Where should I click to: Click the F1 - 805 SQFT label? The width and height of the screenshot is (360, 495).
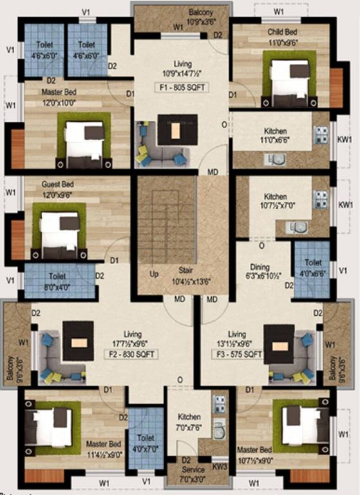pos(181,87)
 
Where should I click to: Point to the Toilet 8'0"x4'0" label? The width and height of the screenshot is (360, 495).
pos(57,280)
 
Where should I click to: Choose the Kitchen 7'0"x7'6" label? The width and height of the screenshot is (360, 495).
pos(189,422)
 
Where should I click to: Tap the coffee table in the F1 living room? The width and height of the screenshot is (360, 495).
pos(175,133)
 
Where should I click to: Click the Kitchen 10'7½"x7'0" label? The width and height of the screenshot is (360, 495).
pos(275,201)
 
